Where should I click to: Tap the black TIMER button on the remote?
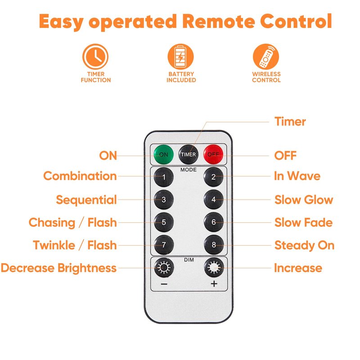click(x=188, y=154)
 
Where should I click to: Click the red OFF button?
click(x=213, y=154)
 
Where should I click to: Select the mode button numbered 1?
click(x=164, y=177)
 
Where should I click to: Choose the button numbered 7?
click(x=164, y=245)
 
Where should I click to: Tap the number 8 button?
click(x=213, y=245)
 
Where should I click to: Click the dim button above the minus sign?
click(x=164, y=267)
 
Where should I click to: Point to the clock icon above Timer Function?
click(x=95, y=57)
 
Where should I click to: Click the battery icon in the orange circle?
click(x=181, y=57)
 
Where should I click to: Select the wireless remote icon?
click(x=266, y=57)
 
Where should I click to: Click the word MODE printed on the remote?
click(x=189, y=170)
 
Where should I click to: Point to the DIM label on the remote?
click(x=189, y=260)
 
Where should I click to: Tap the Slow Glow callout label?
click(x=304, y=200)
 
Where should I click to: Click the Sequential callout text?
click(x=86, y=200)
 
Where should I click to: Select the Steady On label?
click(x=305, y=245)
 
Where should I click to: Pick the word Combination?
click(x=80, y=176)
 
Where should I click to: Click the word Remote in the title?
click(x=219, y=21)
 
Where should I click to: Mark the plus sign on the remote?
click(x=214, y=284)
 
